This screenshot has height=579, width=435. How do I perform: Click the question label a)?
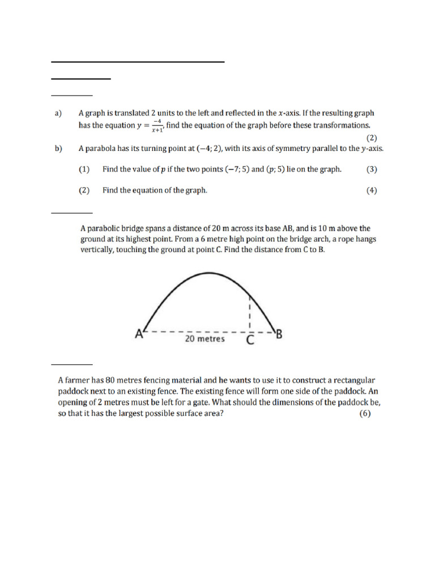[x=58, y=114]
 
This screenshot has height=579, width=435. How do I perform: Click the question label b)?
[x=58, y=149]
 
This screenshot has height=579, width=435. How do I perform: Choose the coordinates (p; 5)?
[x=276, y=169]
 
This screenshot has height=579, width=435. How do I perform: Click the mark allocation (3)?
[x=371, y=169]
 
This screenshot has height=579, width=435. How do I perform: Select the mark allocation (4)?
[x=371, y=191]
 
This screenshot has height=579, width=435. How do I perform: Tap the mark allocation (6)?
[x=365, y=413]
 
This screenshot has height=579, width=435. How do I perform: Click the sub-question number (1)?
[x=84, y=169]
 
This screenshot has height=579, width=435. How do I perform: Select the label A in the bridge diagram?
[x=139, y=334]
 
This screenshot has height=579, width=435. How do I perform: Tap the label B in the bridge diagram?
[x=279, y=334]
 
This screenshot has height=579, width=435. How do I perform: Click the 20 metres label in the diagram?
[x=205, y=339]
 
